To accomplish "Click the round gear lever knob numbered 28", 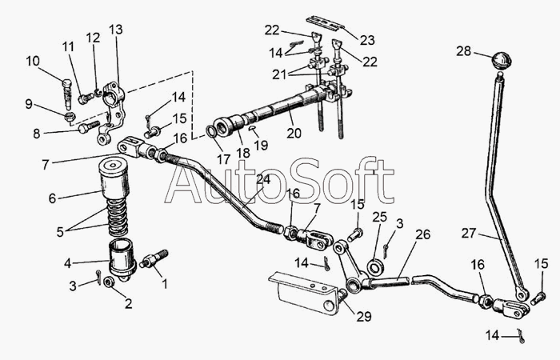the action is click(502, 61).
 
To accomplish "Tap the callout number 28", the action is click(464, 51).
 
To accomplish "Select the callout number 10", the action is click(32, 61).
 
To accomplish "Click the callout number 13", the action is click(116, 30).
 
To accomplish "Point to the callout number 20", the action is click(294, 134).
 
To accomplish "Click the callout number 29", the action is click(364, 317).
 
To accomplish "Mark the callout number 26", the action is click(422, 234).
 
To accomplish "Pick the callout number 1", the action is click(166, 282).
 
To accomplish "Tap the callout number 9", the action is click(29, 103).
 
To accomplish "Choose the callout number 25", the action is click(379, 217).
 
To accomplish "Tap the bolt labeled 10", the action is click(69, 89).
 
